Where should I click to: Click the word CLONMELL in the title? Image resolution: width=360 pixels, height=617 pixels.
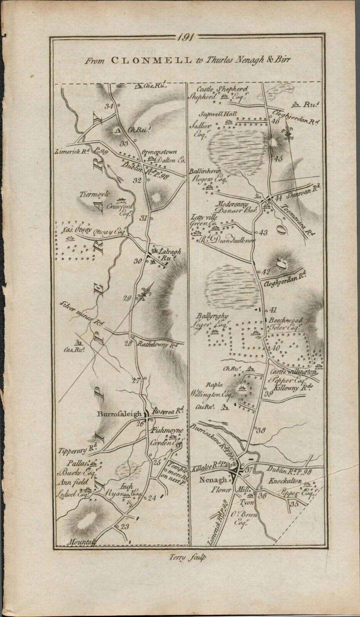click(x=151, y=60)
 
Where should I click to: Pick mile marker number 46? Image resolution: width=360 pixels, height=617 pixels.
click(x=275, y=121)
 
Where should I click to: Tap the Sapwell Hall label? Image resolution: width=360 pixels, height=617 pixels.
click(x=218, y=114)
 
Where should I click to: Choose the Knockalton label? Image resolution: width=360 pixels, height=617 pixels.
click(x=286, y=481)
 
